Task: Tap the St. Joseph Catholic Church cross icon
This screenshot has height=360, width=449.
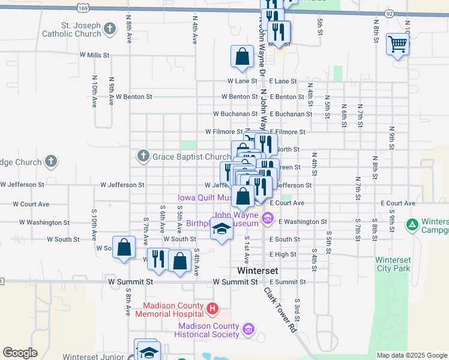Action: click(x=110, y=28)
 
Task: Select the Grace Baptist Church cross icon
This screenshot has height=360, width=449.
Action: click(x=143, y=157)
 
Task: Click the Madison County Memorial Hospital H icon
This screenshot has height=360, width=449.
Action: click(x=211, y=309)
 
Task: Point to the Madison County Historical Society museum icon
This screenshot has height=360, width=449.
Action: click(x=248, y=328)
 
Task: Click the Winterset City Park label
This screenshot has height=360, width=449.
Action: click(x=393, y=264)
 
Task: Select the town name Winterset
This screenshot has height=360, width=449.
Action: click(x=258, y=271)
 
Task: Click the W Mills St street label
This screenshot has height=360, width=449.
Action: click(x=94, y=55)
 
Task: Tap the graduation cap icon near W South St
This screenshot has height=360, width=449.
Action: click(x=221, y=229)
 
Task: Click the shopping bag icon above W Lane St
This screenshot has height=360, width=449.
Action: click(x=241, y=57)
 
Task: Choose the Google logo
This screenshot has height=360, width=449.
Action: click(x=20, y=353)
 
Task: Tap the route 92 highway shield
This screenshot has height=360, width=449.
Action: click(x=390, y=13)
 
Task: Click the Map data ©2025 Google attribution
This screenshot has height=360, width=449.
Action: click(x=412, y=355)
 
